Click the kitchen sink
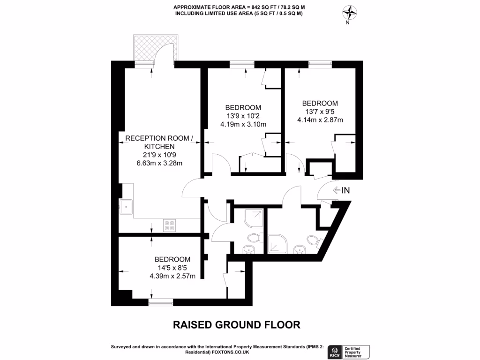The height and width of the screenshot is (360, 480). [126, 206]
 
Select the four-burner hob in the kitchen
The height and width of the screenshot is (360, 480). [170, 225]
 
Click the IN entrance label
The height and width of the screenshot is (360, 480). [346, 190]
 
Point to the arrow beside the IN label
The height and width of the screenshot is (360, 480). [336, 190]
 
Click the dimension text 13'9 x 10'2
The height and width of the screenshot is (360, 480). [243, 116]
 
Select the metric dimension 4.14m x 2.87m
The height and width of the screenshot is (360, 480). [320, 120]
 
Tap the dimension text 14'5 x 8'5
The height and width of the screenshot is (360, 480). [172, 268]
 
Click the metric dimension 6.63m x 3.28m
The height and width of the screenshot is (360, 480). [159, 163]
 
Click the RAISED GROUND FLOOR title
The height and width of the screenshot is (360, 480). [237, 325]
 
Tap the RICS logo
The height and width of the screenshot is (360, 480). [335, 351]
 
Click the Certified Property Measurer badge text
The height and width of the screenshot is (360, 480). [356, 351]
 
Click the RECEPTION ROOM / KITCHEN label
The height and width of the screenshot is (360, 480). [159, 142]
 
